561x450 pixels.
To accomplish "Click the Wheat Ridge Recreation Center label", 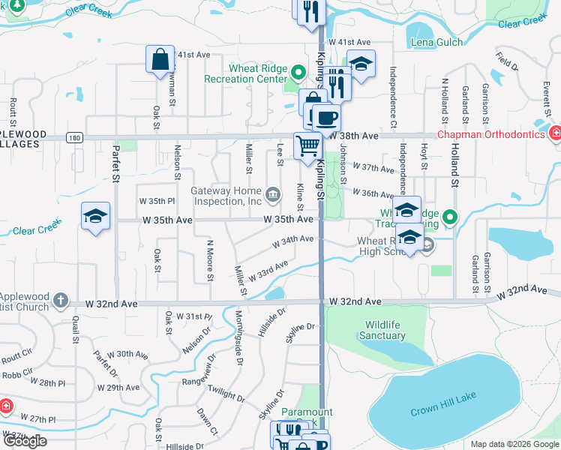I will point(258,73).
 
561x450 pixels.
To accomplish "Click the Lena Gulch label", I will point(437,43).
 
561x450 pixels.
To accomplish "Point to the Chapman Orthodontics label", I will point(500,134).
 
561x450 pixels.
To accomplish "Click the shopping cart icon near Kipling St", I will point(307,145).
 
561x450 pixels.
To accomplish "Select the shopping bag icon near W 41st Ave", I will point(160,60).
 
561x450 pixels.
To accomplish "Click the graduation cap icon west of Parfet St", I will point(95,216).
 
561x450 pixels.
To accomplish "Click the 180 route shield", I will point(73,137).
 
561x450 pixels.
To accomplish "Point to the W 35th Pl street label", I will point(156,201).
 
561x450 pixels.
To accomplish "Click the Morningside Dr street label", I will point(239,337).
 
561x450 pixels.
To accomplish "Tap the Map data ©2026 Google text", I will point(514,444).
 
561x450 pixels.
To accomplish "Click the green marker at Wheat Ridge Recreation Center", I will point(298,73).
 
